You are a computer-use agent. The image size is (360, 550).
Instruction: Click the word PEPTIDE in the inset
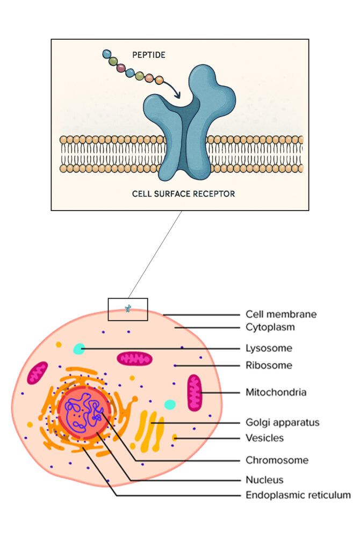point(148,55)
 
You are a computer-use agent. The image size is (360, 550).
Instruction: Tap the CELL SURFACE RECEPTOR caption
point(183,193)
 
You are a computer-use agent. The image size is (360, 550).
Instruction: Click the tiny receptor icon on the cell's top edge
point(128,308)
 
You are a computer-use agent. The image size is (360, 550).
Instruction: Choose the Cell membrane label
point(281,314)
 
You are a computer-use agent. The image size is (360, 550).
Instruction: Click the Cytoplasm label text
point(270,327)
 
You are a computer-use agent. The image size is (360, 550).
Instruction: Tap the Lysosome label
point(269,348)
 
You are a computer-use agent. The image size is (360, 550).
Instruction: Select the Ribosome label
point(269,365)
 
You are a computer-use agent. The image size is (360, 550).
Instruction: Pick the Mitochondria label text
point(276,392)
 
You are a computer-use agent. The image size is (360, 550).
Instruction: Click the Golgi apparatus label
point(282,422)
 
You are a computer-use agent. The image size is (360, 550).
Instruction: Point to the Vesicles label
point(264,438)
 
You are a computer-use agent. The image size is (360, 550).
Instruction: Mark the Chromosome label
point(277,460)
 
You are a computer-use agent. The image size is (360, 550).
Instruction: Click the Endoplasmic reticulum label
point(298,495)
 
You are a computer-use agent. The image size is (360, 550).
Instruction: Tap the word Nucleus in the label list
point(264,480)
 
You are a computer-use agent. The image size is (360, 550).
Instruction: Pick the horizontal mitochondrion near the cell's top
point(135,359)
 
